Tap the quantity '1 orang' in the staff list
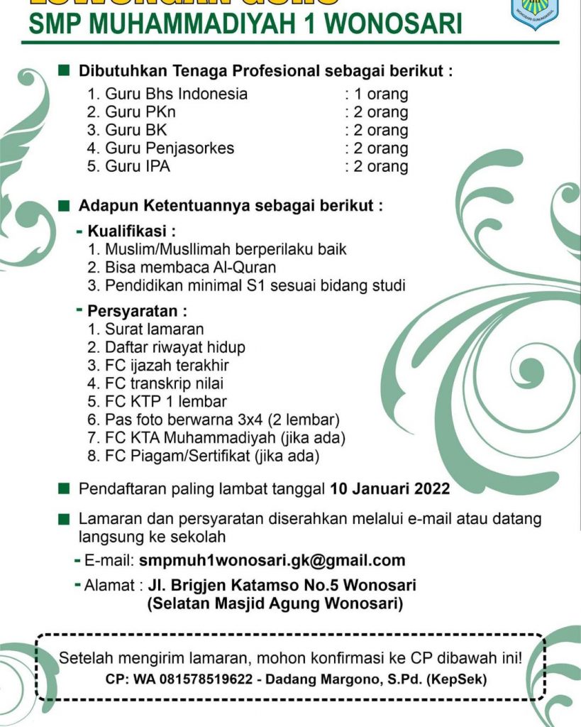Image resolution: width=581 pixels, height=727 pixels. pos(376,94)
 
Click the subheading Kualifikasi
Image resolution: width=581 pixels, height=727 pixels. pos(131,231)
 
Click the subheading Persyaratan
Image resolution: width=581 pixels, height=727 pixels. pos(138,311)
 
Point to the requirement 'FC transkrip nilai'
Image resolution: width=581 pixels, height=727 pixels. pos(163,384)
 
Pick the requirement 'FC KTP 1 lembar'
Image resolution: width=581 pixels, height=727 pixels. pos(157,402)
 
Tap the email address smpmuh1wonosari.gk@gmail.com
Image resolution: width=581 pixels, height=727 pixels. pos(272,559)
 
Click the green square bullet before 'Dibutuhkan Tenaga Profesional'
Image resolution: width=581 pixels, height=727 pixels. pos(65,71)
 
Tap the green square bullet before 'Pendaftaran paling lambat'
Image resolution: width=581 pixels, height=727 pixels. pos(65,488)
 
